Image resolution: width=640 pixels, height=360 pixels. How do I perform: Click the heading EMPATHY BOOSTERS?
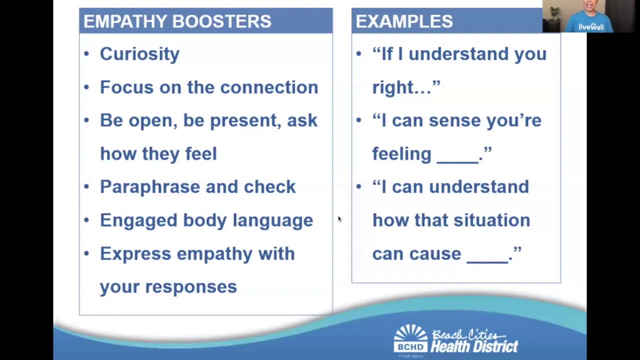(177, 21)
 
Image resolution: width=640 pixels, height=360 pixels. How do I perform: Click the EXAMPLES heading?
(404, 21)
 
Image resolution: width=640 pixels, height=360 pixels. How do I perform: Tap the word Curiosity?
(139, 54)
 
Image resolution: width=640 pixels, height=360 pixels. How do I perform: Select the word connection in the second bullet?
(269, 87)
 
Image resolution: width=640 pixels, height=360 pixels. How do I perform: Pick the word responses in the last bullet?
(190, 287)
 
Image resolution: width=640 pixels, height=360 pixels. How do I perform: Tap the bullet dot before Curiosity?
(86, 53)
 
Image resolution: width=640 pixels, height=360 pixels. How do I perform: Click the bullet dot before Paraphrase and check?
(86, 186)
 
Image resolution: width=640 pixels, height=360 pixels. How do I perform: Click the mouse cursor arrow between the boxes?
(339, 219)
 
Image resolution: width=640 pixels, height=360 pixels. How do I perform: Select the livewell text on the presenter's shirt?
(591, 27)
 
